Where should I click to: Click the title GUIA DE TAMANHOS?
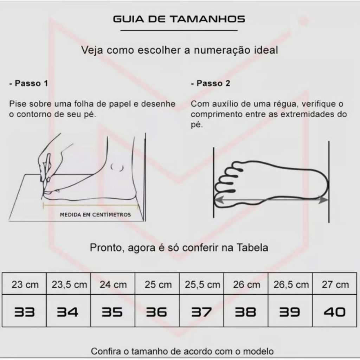point(179,19)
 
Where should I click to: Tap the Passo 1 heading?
point(29,83)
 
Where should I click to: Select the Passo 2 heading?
point(210,83)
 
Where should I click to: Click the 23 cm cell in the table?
point(24,284)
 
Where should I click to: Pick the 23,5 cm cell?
point(69,284)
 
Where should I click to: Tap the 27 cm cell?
point(335,284)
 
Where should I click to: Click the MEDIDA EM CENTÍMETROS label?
point(95,215)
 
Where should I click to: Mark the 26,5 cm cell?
point(290,284)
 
